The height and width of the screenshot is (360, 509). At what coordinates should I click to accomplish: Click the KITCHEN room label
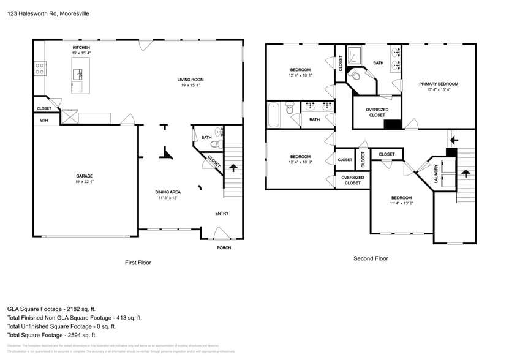point(81,48)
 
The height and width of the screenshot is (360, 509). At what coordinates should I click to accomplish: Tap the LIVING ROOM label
point(190,80)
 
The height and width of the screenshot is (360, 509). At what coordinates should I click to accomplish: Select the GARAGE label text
point(85,176)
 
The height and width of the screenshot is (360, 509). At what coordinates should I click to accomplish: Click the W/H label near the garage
point(44,120)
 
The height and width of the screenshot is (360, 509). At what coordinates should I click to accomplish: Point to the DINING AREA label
point(167,192)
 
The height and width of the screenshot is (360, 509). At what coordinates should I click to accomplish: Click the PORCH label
point(224,247)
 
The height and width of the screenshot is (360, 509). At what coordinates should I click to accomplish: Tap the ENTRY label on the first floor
point(222,214)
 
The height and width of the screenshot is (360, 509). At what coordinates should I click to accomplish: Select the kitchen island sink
point(78,75)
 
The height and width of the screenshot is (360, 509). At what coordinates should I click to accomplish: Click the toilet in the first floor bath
point(215,144)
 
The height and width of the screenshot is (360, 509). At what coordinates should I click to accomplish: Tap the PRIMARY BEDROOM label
point(438,84)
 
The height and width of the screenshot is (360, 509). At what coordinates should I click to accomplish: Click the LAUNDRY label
point(436,173)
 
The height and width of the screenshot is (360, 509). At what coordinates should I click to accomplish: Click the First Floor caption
point(138,263)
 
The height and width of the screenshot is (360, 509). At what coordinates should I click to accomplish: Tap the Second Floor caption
point(371,258)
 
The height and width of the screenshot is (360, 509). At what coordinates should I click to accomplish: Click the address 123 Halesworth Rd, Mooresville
point(48,12)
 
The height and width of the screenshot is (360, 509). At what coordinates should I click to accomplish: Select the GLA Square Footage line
point(51,309)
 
